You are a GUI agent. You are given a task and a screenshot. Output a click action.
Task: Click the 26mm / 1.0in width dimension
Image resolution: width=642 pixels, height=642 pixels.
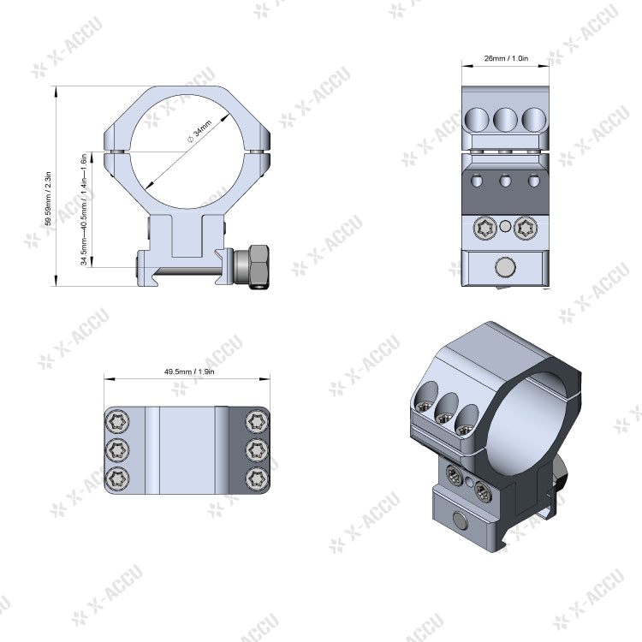[506, 59]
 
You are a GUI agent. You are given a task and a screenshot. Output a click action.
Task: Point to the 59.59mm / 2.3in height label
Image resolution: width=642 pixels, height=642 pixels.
[49, 199]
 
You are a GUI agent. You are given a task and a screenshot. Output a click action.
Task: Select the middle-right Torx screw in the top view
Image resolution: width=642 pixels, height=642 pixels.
[255, 449]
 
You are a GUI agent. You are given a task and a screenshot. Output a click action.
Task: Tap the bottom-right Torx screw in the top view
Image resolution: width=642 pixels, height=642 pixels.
[255, 477]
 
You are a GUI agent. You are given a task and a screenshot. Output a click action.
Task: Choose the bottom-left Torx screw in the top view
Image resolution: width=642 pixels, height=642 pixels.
[118, 477]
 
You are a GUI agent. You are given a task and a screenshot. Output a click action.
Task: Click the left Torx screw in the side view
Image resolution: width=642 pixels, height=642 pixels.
[484, 228]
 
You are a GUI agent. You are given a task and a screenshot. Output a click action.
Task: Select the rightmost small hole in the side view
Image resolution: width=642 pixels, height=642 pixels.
[534, 180]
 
